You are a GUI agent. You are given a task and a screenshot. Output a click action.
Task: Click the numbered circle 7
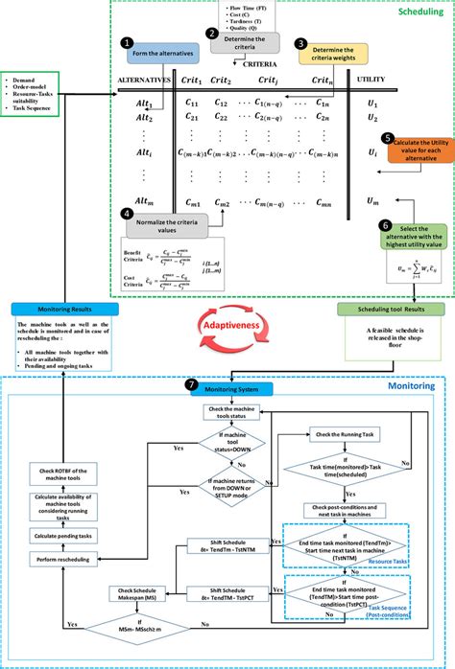(192, 385)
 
